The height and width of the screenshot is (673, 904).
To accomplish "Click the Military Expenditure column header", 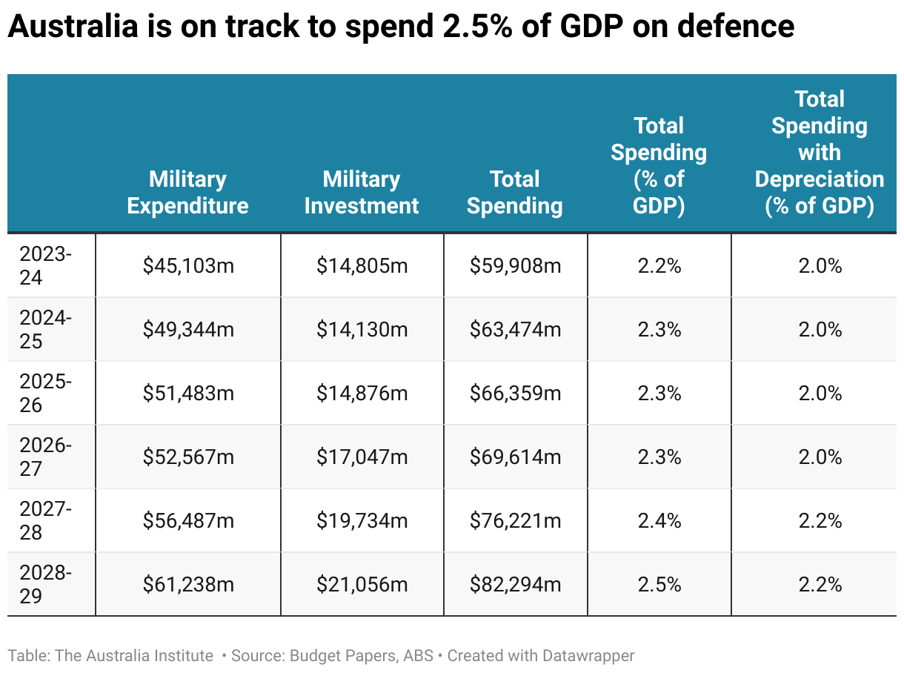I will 187,192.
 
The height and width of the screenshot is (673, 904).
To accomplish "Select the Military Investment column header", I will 362,192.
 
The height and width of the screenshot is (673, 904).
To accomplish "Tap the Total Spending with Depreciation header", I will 820,153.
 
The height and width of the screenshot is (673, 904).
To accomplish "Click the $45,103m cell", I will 188,266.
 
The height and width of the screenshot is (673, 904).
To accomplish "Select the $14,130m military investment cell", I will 362,330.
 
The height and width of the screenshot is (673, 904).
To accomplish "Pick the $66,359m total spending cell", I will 516,394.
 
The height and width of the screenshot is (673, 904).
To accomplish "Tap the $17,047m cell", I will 362,457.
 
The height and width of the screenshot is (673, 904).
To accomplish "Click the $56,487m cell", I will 188,521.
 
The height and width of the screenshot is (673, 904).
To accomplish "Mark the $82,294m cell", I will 516,585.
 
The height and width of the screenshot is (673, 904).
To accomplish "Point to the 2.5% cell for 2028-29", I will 659,585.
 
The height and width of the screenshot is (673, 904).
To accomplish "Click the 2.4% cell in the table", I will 659,521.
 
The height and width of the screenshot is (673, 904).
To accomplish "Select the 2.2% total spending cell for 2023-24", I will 659,266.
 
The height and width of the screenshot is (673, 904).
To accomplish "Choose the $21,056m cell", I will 362,585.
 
